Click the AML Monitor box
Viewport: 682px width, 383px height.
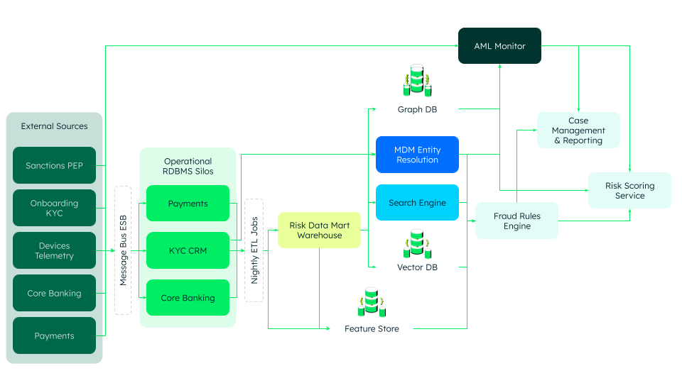(x=499, y=46)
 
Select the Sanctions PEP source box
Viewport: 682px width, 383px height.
(x=54, y=165)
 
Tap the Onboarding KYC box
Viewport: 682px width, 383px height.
(x=54, y=208)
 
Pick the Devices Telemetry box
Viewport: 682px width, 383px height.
(x=54, y=250)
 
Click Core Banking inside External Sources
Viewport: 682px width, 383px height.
(x=54, y=293)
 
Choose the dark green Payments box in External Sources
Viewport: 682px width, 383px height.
(x=54, y=335)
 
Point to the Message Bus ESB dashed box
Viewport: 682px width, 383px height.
(x=123, y=250)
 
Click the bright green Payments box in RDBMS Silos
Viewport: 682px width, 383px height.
(x=188, y=204)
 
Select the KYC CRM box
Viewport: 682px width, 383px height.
(x=188, y=250)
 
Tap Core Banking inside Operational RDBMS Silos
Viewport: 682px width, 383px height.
(x=188, y=297)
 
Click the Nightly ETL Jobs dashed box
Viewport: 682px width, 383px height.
(x=254, y=250)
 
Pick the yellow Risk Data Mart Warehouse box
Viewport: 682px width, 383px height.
(x=319, y=231)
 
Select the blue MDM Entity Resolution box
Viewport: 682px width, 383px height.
(x=417, y=155)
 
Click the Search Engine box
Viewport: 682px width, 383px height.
(x=417, y=203)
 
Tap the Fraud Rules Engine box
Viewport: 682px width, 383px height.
(x=516, y=221)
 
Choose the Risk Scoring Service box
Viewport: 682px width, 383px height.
(x=629, y=190)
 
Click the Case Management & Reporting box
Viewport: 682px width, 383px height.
(x=578, y=131)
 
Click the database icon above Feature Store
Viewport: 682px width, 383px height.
(x=372, y=303)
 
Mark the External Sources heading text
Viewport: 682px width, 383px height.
(x=54, y=126)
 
